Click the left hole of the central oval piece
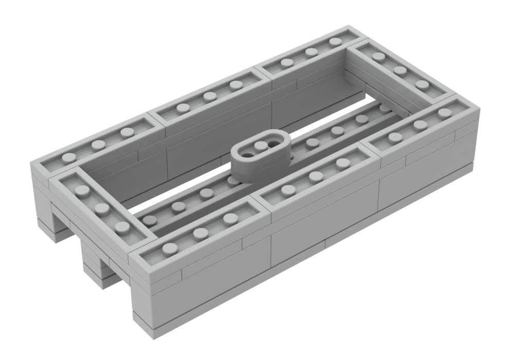pyautogui.click(x=249, y=153)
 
